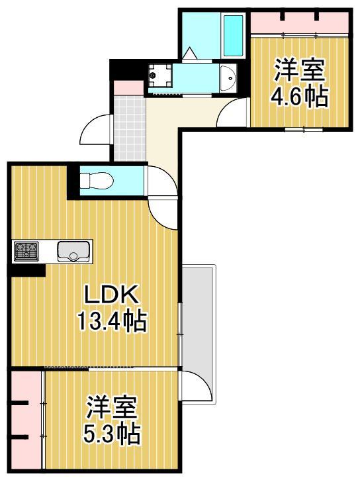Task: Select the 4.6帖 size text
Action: point(298,97)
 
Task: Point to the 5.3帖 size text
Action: point(111,434)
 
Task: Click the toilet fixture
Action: point(97,180)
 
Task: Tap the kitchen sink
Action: point(73,251)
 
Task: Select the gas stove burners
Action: point(26,251)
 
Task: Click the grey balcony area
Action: point(199,331)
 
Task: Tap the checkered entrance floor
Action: point(129,126)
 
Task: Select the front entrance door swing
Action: point(94,131)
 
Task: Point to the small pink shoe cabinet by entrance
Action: point(128,87)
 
